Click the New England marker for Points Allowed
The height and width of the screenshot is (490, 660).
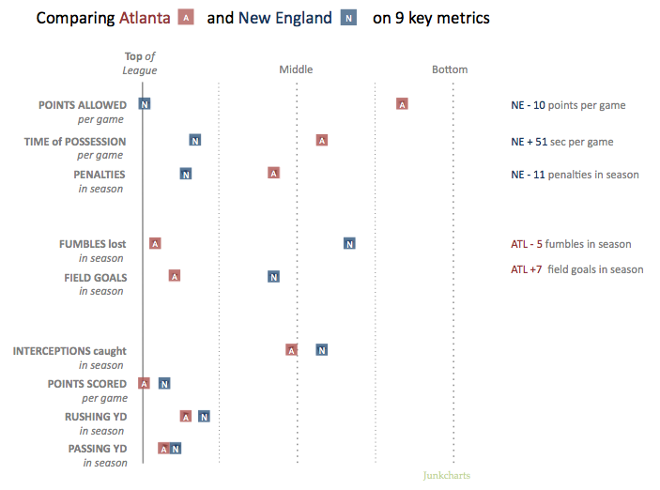[x=145, y=103]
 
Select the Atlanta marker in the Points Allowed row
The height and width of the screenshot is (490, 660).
[x=402, y=103]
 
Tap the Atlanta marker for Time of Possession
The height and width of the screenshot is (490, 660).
[x=322, y=140]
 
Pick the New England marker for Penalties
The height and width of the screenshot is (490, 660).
[x=186, y=174]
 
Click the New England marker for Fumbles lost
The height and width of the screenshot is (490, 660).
[x=349, y=243]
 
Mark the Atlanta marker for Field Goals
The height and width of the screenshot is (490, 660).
[x=175, y=276]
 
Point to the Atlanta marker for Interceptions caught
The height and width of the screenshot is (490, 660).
[x=292, y=350]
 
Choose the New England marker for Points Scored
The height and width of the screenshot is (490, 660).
[x=164, y=383]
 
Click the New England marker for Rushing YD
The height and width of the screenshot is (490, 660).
[x=204, y=416]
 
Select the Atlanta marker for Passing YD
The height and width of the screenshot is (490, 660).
[x=163, y=449]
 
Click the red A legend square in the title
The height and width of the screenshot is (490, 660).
[x=186, y=18]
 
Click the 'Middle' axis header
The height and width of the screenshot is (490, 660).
[x=296, y=69]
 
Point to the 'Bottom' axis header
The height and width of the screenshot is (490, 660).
[x=450, y=69]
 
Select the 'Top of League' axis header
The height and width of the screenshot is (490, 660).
[x=141, y=63]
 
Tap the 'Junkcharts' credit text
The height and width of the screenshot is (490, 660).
[x=447, y=476]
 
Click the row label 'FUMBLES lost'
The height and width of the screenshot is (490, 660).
[x=92, y=244]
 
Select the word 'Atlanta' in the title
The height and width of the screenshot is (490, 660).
[x=145, y=18]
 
